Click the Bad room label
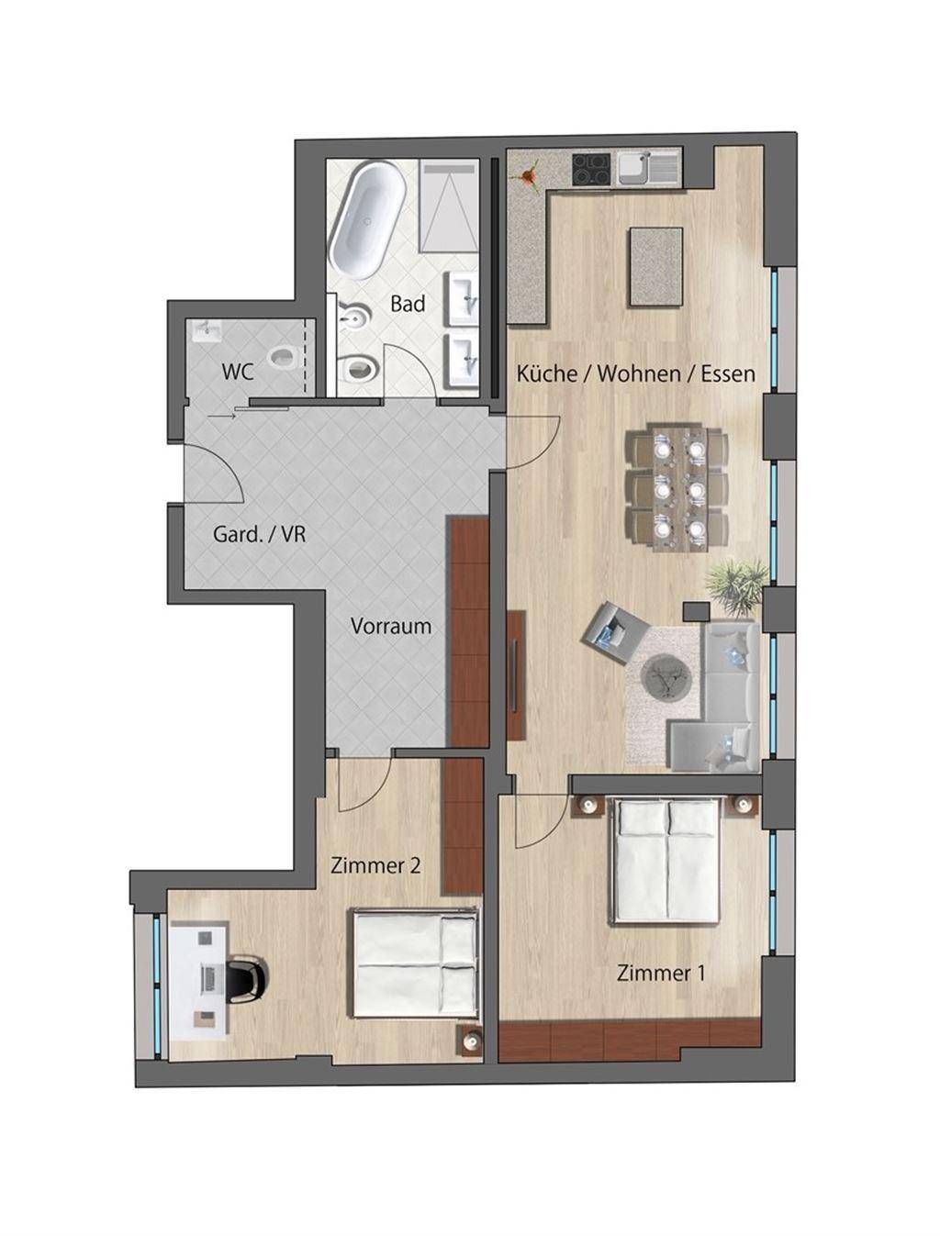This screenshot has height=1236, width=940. tap(408, 304)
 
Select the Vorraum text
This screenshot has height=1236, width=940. tap(391, 626)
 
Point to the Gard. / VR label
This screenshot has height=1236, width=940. tap(259, 534)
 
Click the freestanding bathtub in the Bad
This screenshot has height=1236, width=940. tap(367, 220)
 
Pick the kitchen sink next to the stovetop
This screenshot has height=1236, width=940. tap(650, 168)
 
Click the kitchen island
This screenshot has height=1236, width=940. tap(656, 266)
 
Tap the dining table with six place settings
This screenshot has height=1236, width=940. tap(678, 488)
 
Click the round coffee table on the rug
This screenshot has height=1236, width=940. tap(667, 677)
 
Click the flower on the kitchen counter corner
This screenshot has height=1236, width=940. tap(526, 175)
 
